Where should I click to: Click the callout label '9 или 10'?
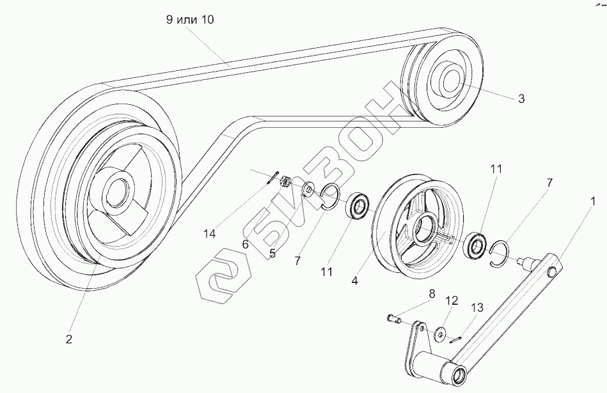[190, 20]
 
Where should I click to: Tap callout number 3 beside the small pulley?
[521, 99]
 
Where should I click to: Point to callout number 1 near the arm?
[593, 201]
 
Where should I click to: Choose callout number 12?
[452, 300]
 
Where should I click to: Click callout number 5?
[272, 253]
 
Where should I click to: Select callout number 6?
[246, 243]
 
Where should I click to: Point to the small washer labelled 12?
[440, 333]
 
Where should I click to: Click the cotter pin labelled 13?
[454, 340]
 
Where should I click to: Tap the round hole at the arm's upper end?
[553, 273]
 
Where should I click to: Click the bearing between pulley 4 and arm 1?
[476, 245]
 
